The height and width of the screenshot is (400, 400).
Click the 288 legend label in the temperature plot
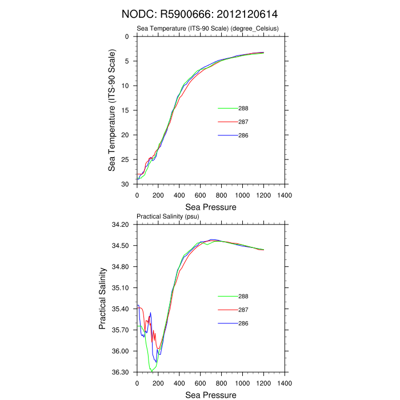tap(243, 108)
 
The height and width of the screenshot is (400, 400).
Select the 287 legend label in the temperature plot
tap(243, 122)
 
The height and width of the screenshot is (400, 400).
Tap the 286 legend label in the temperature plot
tap(243, 135)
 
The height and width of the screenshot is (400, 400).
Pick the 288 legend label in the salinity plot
tap(243, 296)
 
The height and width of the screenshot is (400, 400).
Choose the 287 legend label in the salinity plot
tap(243, 310)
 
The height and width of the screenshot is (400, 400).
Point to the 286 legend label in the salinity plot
tap(243, 323)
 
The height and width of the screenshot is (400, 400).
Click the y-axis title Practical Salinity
tap(103, 298)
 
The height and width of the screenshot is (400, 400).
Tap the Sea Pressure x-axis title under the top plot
tap(211, 207)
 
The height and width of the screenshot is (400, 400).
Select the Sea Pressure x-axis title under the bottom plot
tap(211, 395)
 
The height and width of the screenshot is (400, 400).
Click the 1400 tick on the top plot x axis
tap(285, 195)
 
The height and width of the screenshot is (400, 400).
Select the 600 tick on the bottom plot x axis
tap(200, 383)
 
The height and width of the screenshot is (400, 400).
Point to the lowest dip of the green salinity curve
tap(152, 371)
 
